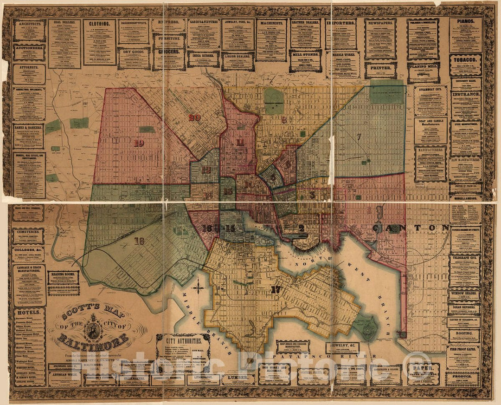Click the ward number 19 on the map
tap(139, 144)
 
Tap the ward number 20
tap(194, 118)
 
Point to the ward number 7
tap(359, 137)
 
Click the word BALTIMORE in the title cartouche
tap(93, 340)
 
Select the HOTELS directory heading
tap(29, 312)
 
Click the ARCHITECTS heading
tap(29, 23)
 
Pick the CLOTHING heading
tap(100, 23)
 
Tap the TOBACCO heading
tap(465, 60)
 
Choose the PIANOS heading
tap(465, 21)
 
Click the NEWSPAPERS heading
tap(380, 22)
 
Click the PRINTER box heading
tap(380, 66)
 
